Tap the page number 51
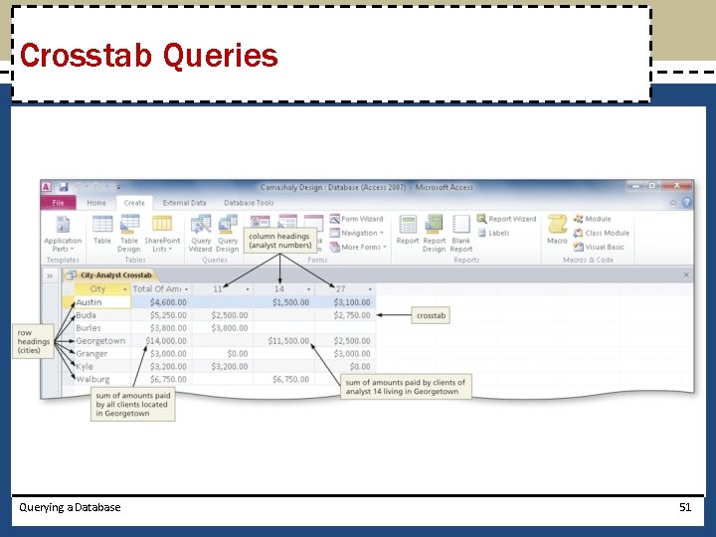pos(684,507)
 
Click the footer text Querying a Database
pos(70,507)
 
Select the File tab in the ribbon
pos(58,203)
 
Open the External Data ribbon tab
pos(184,203)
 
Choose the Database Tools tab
pos(249,203)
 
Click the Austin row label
pos(89,302)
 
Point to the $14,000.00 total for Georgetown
pos(165,341)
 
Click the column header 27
pos(340,288)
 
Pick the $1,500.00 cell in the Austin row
pos(289,302)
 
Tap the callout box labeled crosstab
pos(432,315)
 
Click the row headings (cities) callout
pos(34,341)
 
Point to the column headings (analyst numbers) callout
pos(280,240)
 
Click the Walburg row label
pos(92,379)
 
